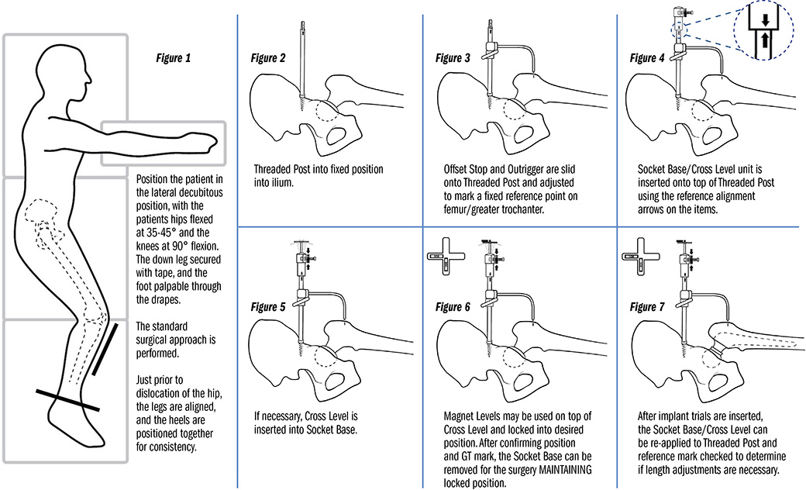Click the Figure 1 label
pyautogui.click(x=169, y=58)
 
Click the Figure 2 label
pyautogui.click(x=268, y=58)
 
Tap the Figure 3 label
pyautogui.click(x=453, y=58)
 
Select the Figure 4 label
pyautogui.click(x=644, y=58)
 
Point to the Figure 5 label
pyautogui.click(x=268, y=307)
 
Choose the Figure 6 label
pyautogui.click(x=453, y=307)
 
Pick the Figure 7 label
pyautogui.click(x=644, y=307)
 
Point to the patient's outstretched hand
pyautogui.click(x=198, y=140)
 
